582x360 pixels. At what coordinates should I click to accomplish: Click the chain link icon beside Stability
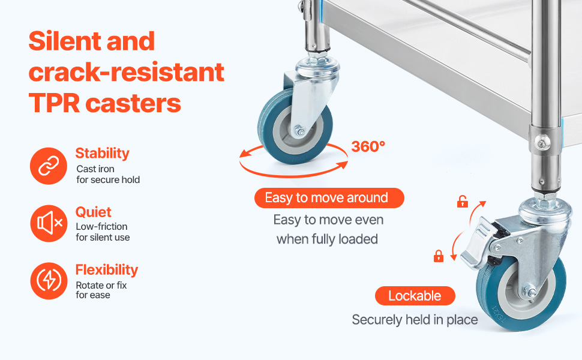tap(49, 166)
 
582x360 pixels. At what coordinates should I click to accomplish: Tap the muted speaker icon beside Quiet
tap(49, 223)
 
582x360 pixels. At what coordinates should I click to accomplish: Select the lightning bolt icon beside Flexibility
tap(49, 281)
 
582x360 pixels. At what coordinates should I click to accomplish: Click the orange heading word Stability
tap(103, 154)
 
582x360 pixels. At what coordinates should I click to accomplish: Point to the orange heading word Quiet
tap(94, 212)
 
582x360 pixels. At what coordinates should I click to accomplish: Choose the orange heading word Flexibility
tap(107, 270)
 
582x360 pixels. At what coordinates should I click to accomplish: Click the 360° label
tap(368, 146)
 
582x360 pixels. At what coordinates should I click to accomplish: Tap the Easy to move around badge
tap(329, 198)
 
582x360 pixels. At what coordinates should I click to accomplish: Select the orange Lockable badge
tap(415, 296)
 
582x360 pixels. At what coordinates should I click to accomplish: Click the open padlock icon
tap(462, 202)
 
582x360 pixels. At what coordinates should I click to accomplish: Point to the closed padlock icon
tap(439, 256)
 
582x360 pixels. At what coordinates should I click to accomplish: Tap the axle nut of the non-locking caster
tap(299, 130)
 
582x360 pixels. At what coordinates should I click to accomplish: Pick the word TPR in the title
tap(54, 103)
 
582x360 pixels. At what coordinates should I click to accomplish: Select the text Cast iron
tap(95, 169)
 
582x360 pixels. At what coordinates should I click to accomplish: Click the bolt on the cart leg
tap(542, 142)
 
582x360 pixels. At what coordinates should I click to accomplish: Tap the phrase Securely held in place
tap(415, 320)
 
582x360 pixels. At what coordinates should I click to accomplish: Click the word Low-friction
tap(102, 226)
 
